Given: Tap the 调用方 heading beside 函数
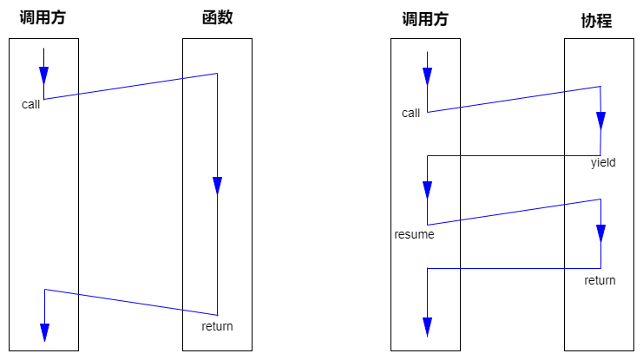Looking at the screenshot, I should pos(43,18).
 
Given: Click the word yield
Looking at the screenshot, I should pos(602,162).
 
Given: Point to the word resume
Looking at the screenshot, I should pos(414,234).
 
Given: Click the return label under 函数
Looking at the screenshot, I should pos(217,326).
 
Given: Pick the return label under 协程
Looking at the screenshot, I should pos(600,280).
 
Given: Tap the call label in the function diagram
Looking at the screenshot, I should pos(31,104).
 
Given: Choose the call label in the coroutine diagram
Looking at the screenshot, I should pos(411,113).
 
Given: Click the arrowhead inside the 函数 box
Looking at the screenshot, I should pos(217,186).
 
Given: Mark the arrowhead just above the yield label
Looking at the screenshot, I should pos(600,120).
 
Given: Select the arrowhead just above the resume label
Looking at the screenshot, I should pos(427,190).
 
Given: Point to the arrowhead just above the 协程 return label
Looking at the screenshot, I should pos(600,232).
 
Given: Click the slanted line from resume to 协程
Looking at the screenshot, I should pos(514,212).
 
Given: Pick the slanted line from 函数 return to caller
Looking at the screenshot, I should pos(130,301).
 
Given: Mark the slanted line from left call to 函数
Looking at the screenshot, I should pos(130,86).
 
